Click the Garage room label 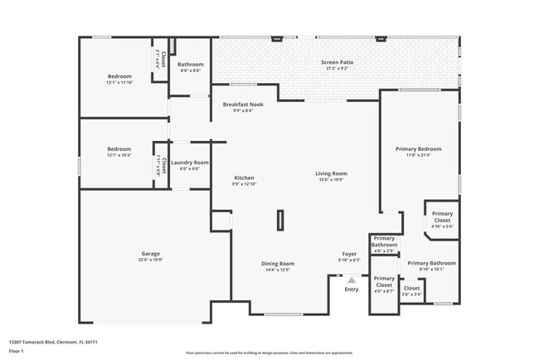150,254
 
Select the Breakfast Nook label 243,105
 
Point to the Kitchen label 244,178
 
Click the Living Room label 331,173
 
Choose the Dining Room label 278,264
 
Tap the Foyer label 350,254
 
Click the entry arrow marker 351,280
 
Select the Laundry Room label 190,163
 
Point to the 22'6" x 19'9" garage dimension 150,260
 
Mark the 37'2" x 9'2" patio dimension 337,69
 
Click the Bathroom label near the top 191,65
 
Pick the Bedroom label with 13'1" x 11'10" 119,77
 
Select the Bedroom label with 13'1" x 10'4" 119,149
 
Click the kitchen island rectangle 280,219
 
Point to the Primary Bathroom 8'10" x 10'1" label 431,263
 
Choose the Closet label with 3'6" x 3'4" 411,289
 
